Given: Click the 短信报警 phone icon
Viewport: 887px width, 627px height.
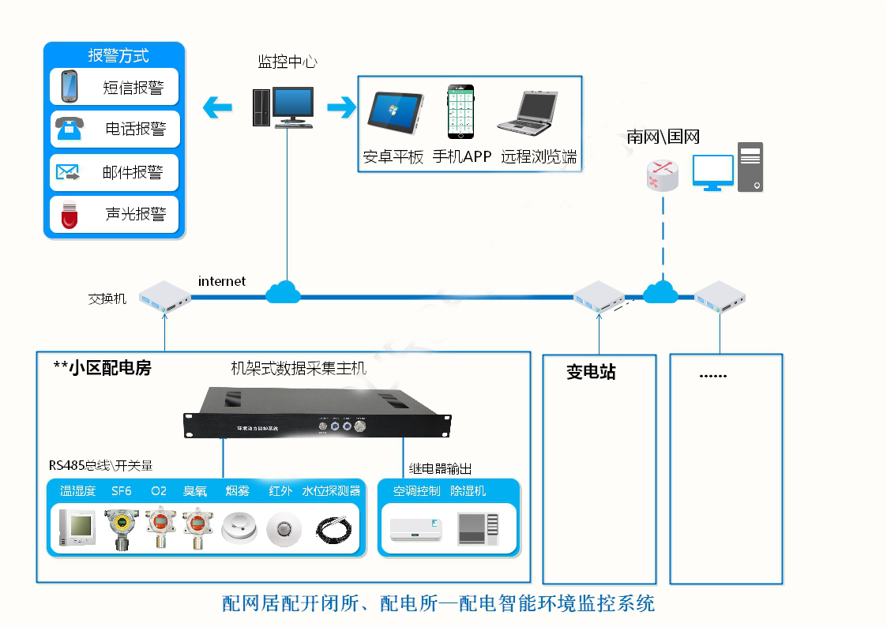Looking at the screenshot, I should [69, 86].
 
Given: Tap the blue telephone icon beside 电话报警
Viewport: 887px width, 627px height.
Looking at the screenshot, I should [70, 127].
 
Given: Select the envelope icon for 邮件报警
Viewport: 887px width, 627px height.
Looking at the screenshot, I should [68, 171].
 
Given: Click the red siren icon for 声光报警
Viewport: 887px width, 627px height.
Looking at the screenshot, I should [70, 214].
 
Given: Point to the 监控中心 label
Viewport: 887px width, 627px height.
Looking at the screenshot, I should [288, 62].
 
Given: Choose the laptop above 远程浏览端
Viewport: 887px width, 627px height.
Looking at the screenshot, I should [528, 112].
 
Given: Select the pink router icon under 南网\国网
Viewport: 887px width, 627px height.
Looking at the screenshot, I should [662, 175].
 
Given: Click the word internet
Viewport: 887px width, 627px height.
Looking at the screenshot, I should [222, 281].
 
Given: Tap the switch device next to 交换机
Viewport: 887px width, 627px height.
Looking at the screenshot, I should [166, 298].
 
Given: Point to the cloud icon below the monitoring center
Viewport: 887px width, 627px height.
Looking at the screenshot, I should [283, 292].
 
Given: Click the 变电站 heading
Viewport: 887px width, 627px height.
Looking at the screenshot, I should [591, 372].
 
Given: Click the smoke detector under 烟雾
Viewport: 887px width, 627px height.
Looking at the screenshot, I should [239, 528].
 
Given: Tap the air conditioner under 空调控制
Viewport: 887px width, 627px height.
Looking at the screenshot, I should [416, 528].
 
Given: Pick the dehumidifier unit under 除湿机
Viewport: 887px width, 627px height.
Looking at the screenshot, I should [479, 528].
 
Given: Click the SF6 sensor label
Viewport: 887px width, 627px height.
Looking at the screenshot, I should [122, 491].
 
